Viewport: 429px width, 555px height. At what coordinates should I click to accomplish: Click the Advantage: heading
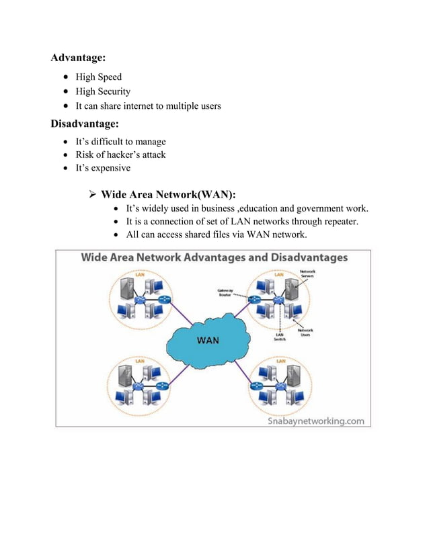(79, 58)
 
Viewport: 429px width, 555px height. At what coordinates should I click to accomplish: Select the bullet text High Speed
(98, 77)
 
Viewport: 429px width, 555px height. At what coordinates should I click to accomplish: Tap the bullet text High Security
(103, 91)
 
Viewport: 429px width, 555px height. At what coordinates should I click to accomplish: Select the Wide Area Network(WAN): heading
(168, 195)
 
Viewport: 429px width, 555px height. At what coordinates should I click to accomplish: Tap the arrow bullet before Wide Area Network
(93, 195)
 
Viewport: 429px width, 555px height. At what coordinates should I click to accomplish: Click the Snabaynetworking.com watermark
(316, 421)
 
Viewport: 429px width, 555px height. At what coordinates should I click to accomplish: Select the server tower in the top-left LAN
(125, 290)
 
